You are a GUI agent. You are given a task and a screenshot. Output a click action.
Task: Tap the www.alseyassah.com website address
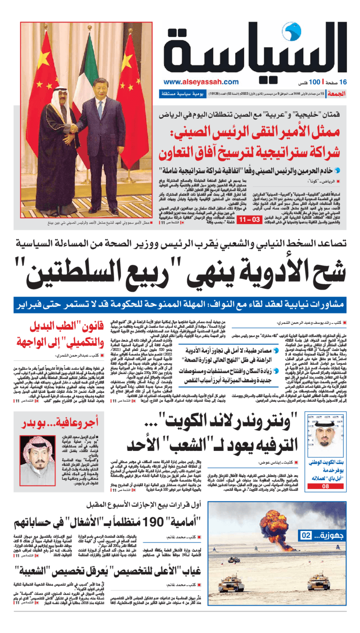tap(201, 82)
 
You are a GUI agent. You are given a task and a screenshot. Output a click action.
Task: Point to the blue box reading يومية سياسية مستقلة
tap(179, 94)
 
